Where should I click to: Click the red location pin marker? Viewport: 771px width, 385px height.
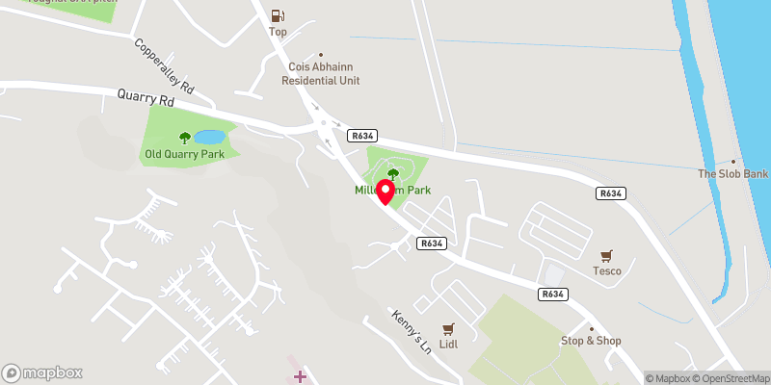385,191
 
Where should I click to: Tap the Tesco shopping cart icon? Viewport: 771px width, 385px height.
606,256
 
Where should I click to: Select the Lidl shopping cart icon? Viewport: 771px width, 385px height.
447,329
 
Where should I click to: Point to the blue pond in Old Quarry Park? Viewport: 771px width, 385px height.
210,138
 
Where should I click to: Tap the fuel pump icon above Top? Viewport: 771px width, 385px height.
278,15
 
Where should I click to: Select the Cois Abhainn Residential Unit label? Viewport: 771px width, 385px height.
320,74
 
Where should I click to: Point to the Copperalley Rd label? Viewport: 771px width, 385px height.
166,66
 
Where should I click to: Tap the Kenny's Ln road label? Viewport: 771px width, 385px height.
411,332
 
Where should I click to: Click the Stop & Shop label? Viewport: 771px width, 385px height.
591,341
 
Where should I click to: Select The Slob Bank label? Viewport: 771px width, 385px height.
732,174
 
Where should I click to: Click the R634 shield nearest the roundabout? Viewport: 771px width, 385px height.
362,137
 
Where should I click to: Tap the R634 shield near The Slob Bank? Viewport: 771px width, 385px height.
611,193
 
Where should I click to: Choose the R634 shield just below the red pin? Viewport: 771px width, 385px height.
431,244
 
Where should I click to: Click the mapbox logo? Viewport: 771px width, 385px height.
42,372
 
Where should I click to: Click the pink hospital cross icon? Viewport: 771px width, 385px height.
300,374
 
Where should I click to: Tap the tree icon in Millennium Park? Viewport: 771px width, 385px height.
391,173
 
